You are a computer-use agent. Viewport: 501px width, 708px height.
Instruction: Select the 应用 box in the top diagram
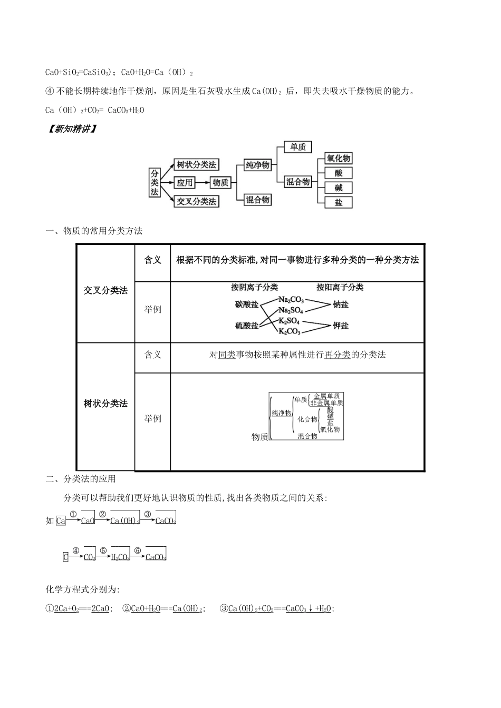[x=185, y=183]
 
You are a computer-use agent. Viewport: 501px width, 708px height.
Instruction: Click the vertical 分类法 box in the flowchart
[x=154, y=182]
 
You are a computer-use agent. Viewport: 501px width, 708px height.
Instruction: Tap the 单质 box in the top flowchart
[x=298, y=147]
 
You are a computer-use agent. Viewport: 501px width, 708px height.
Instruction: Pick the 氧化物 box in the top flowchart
[x=338, y=158]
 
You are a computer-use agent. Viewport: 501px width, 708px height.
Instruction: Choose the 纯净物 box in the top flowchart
[x=257, y=165]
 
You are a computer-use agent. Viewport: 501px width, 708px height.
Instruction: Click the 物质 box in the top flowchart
[x=220, y=183]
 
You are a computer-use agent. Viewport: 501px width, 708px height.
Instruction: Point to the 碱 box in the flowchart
[x=338, y=188]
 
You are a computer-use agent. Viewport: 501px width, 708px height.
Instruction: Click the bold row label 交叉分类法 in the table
[x=105, y=290]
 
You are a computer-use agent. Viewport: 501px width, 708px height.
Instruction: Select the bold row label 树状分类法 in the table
[x=105, y=404]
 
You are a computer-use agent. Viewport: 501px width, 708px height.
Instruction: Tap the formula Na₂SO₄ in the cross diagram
[x=291, y=310]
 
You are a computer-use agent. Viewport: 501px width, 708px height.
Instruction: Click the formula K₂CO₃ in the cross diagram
[x=289, y=331]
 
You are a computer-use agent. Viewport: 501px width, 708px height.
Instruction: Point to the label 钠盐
[x=341, y=304]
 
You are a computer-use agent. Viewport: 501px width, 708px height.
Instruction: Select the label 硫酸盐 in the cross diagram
[x=246, y=326]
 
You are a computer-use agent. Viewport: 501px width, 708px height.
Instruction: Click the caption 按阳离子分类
[x=340, y=287]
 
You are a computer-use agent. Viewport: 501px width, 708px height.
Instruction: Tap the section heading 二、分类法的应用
[x=81, y=479]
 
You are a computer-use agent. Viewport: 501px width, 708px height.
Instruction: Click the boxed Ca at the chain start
[x=61, y=520]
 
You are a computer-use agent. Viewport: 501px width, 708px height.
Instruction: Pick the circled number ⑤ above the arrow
[x=103, y=550]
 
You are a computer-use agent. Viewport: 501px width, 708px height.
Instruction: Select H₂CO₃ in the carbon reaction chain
[x=120, y=557]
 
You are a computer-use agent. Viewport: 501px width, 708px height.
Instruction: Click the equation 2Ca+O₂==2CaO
[x=82, y=608]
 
